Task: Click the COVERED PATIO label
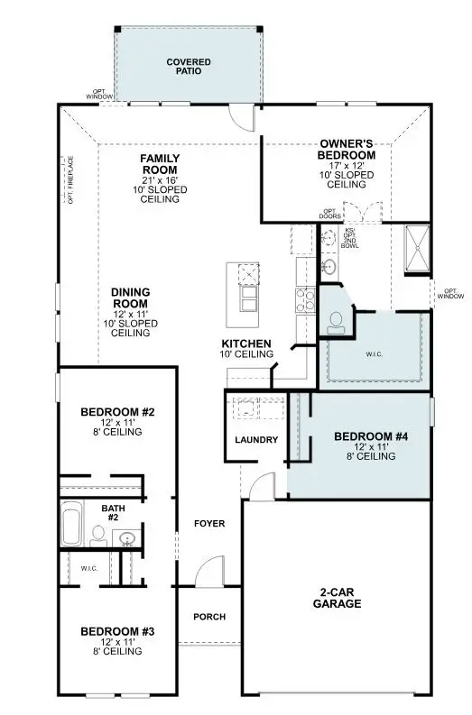point(189,68)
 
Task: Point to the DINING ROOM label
point(130,298)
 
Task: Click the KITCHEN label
point(246,344)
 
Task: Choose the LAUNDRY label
point(255,440)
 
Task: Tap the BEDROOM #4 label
point(371,436)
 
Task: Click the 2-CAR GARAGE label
point(340,598)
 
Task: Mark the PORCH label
point(209,617)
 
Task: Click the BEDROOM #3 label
point(117,631)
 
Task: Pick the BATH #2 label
point(114,513)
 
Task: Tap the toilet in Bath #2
point(97,534)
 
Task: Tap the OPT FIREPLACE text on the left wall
point(70,181)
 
